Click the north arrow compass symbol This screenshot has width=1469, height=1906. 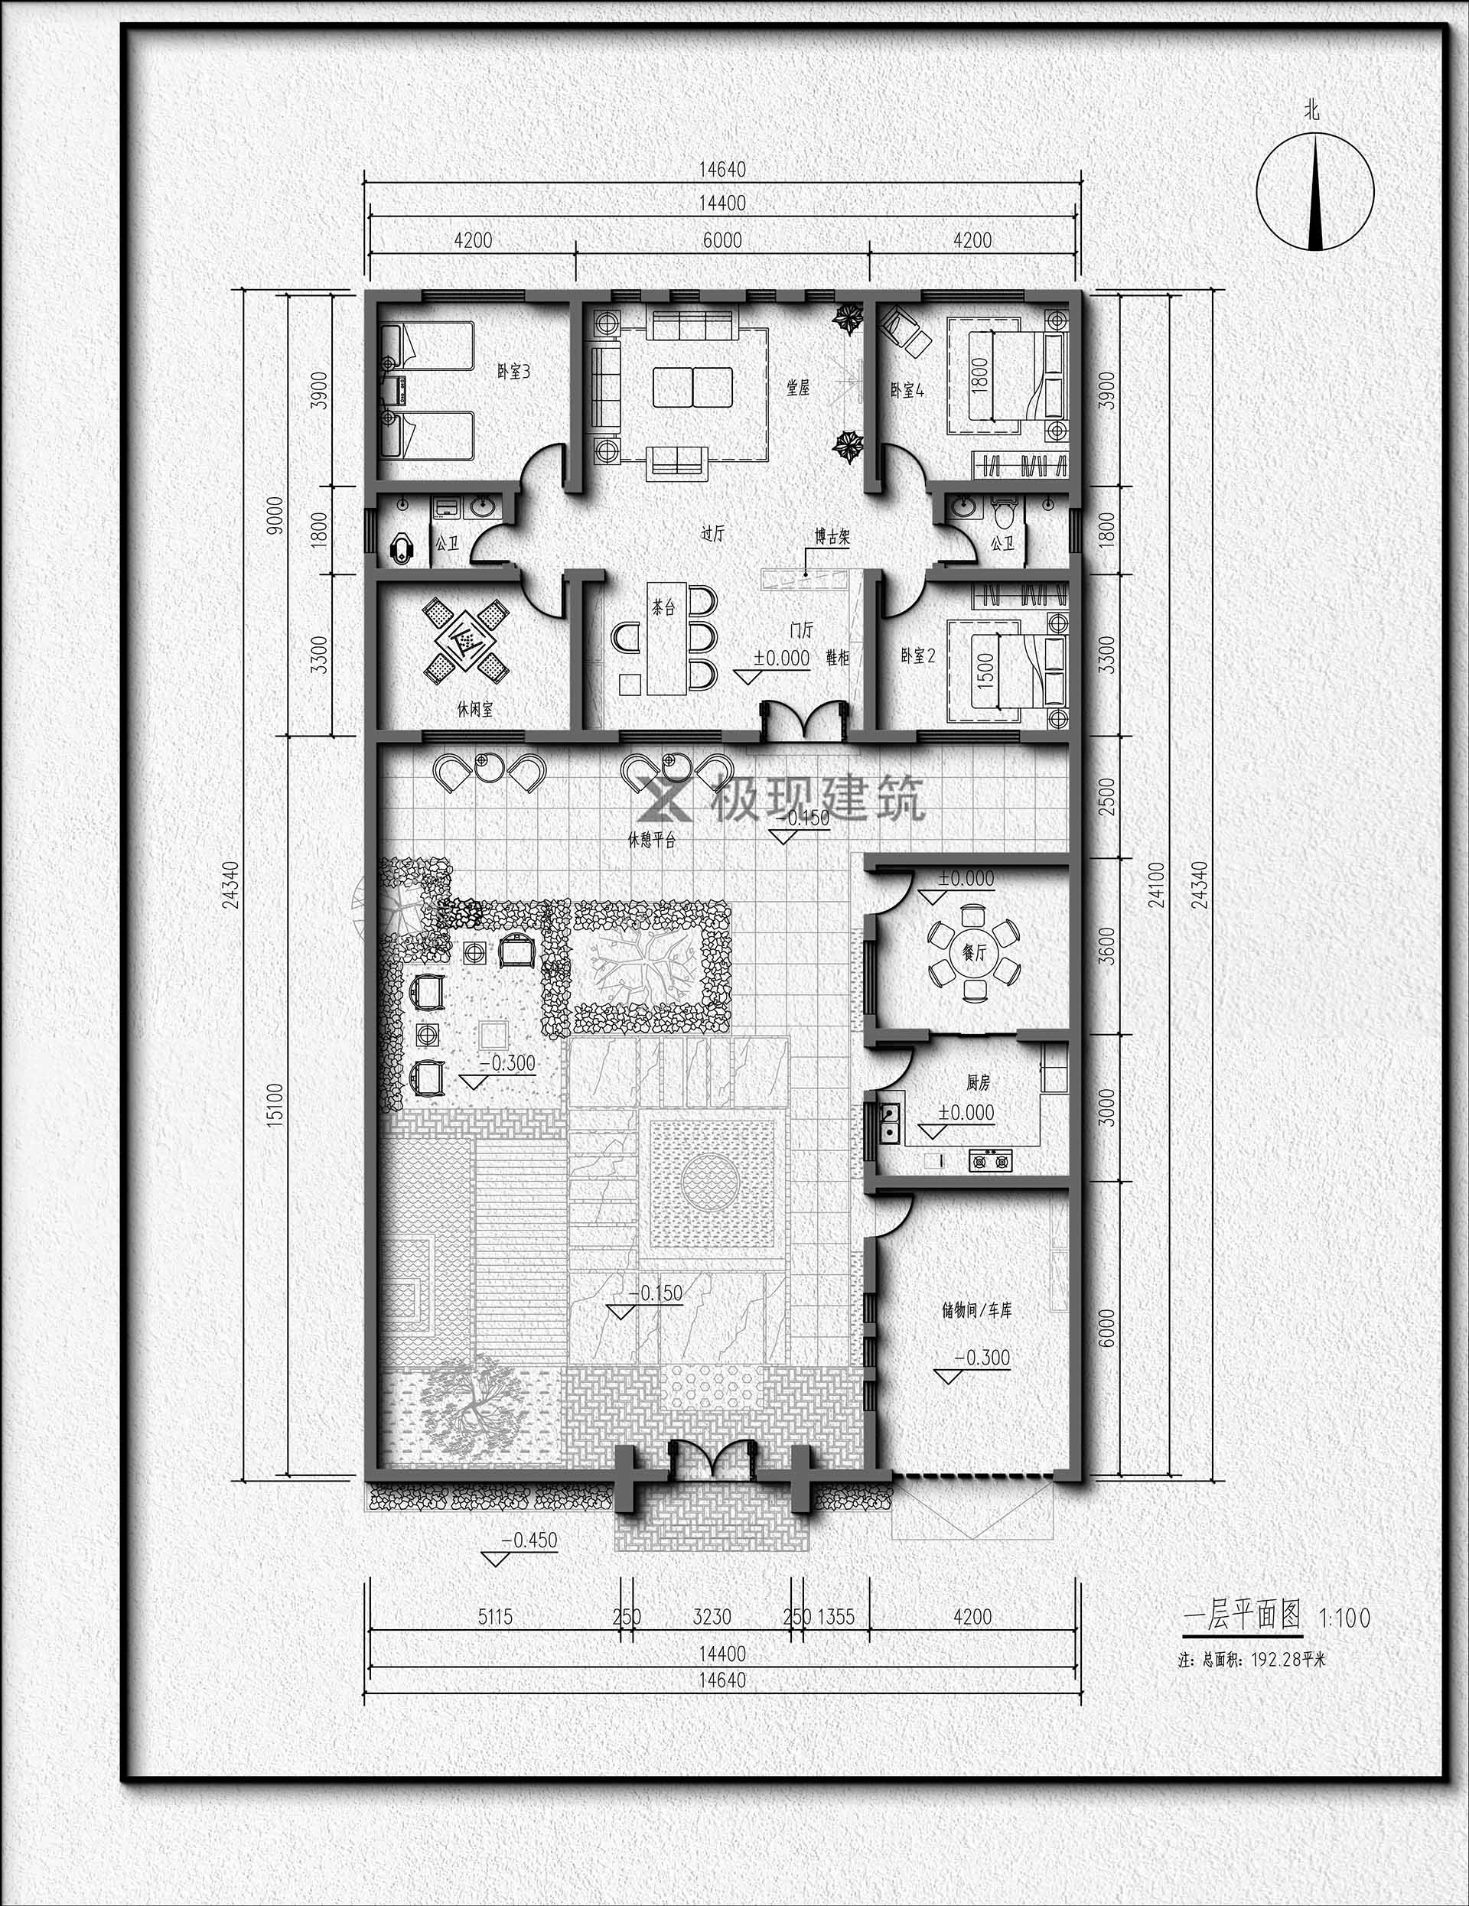click(x=1315, y=192)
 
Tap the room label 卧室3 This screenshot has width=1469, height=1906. click(x=514, y=372)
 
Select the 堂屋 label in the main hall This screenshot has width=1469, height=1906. click(x=798, y=386)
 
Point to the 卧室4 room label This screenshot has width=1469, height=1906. click(x=907, y=390)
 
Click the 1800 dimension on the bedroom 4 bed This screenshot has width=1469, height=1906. click(x=980, y=375)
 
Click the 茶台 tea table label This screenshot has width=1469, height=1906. click(x=663, y=607)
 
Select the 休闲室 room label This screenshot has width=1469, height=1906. click(x=475, y=710)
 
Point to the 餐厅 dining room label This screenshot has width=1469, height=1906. click(x=973, y=952)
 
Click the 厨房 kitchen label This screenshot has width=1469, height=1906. click(x=978, y=1083)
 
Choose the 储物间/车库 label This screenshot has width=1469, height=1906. click(x=977, y=1335)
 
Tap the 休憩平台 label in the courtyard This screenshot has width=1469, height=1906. click(x=651, y=841)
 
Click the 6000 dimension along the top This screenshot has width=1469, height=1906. click(x=723, y=240)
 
